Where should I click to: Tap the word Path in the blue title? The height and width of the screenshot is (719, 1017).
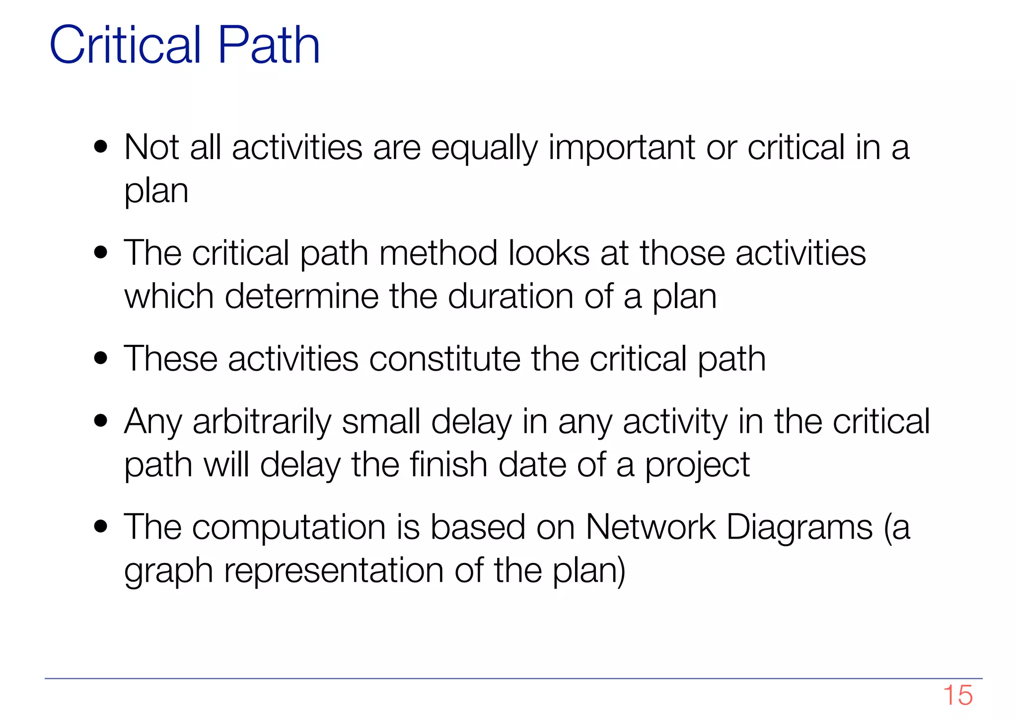269,45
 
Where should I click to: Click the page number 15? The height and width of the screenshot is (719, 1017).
957,695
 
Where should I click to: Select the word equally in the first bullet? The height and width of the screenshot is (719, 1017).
484,148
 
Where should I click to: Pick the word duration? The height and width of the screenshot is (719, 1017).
511,297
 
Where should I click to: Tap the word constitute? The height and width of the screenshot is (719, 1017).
444,359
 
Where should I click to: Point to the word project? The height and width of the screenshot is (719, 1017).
697,466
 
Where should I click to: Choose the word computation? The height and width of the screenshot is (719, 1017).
289,527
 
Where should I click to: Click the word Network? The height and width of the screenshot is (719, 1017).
651,527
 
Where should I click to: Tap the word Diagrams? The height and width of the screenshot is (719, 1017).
799,527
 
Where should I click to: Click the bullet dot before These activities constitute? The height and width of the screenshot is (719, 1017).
101,358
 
